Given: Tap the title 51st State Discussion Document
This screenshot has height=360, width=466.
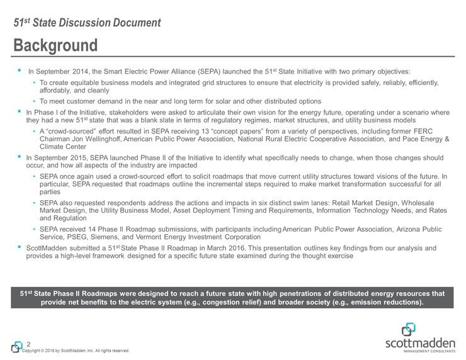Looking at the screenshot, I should coord(88,23).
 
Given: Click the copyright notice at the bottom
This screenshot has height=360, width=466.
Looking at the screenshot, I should coord(76,351).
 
